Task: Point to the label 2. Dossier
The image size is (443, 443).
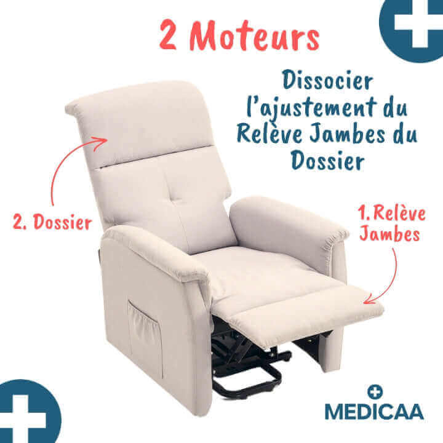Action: pos(52,222)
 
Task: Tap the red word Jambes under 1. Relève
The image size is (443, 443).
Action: pos(389,235)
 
